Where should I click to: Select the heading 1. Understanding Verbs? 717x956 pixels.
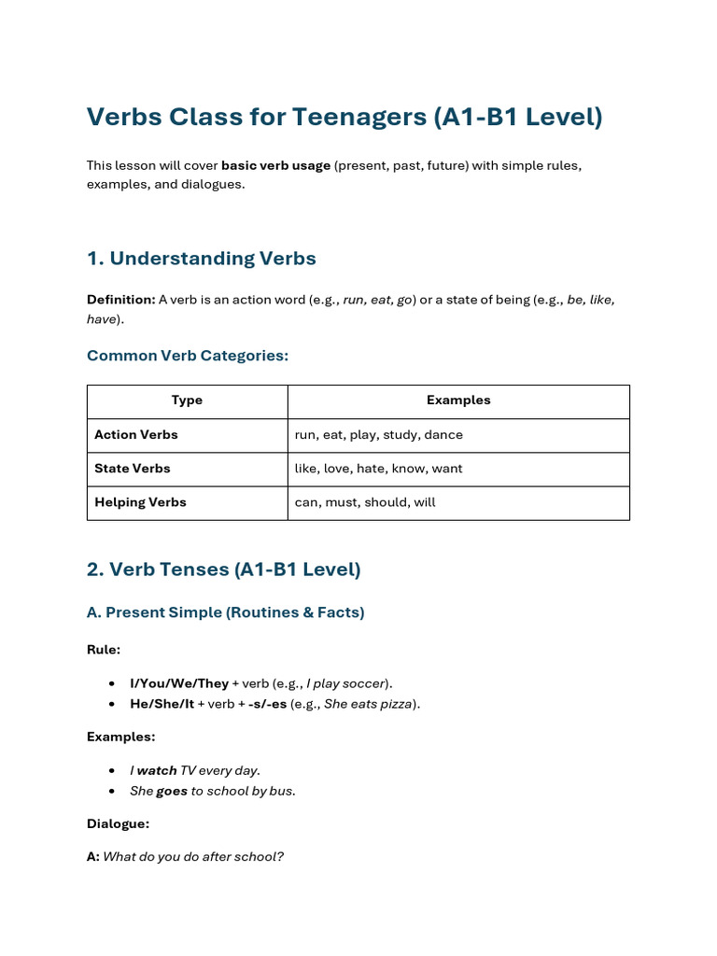[201, 259]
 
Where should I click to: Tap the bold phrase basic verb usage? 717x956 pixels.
[275, 165]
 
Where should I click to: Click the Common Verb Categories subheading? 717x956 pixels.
[188, 356]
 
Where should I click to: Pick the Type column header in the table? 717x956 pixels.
[187, 401]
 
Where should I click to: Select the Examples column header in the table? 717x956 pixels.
[458, 401]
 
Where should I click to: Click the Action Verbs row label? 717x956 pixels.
[136, 435]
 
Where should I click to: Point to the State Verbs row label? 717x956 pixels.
[133, 469]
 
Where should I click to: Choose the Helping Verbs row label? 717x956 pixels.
[140, 502]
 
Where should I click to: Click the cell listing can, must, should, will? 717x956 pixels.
[365, 502]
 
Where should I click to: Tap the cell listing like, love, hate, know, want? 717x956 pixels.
[378, 469]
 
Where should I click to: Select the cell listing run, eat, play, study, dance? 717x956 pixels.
[378, 435]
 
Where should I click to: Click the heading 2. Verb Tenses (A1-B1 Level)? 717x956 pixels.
[223, 569]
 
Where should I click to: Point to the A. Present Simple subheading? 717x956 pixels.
[225, 612]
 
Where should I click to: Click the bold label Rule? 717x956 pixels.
[104, 650]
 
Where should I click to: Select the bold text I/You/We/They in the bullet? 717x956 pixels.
[178, 683]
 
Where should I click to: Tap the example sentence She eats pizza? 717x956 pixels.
[368, 704]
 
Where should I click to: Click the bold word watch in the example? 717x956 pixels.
[157, 771]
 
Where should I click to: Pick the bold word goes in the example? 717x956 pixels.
[172, 791]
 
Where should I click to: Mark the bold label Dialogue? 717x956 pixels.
[118, 824]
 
